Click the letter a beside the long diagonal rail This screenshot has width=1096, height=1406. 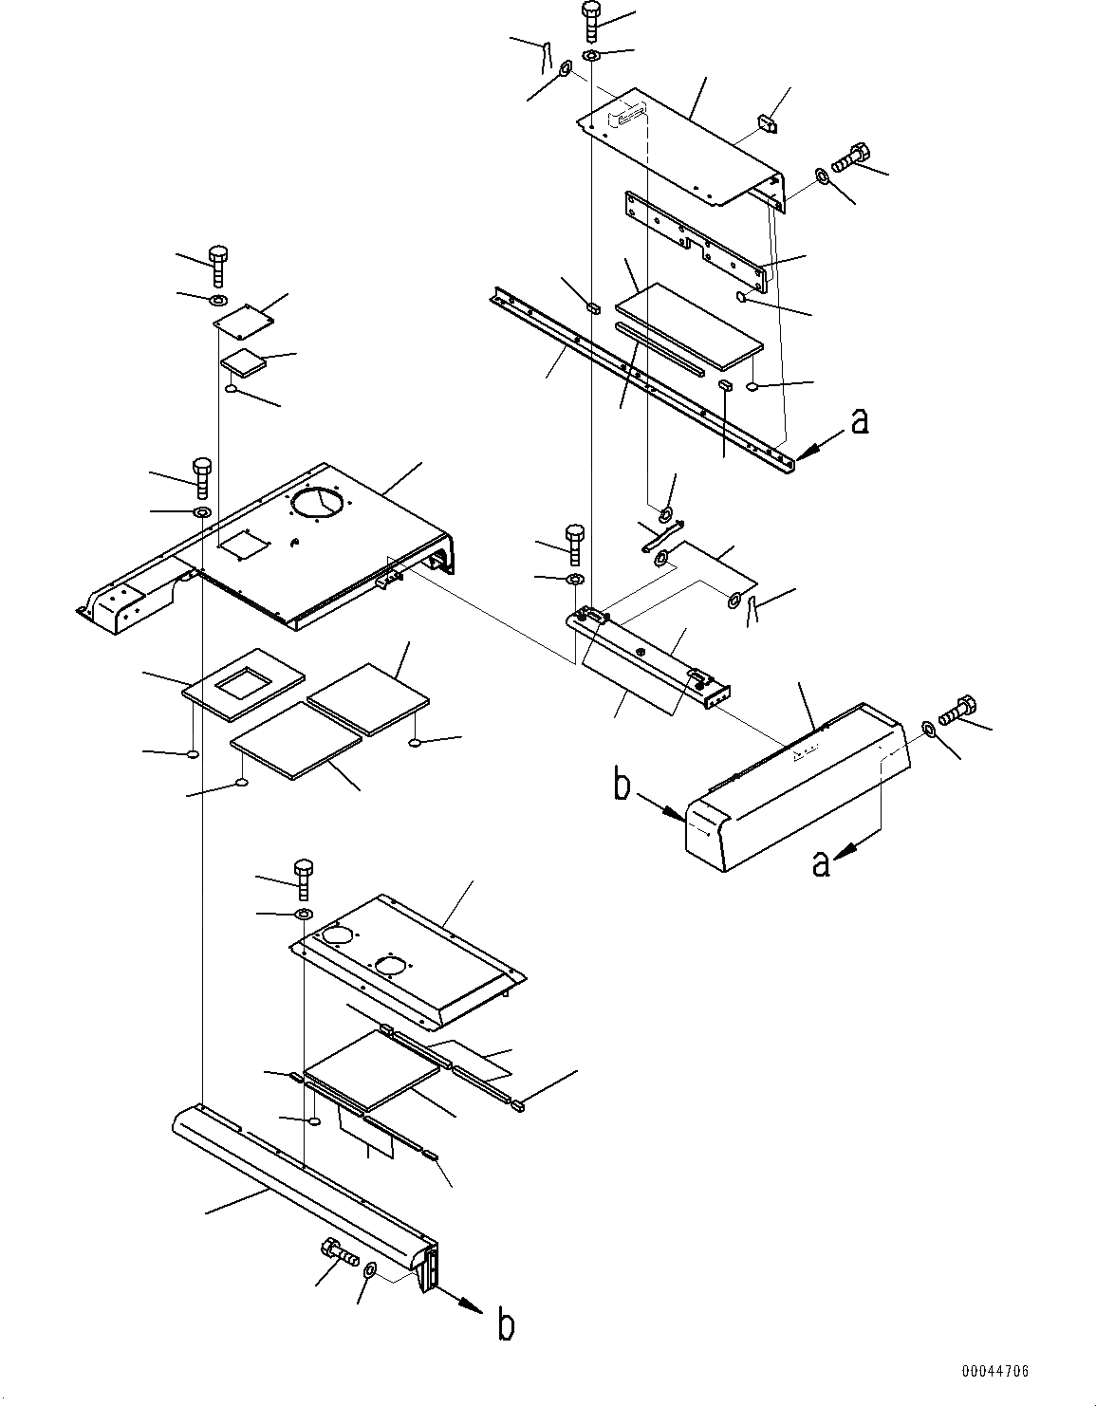(859, 420)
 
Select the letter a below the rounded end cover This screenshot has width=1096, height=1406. (822, 863)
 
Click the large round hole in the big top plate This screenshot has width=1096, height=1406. (320, 502)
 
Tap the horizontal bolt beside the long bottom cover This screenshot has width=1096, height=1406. (338, 1253)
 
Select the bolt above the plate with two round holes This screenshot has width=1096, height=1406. (304, 879)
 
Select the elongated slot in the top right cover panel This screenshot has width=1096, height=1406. (629, 116)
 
